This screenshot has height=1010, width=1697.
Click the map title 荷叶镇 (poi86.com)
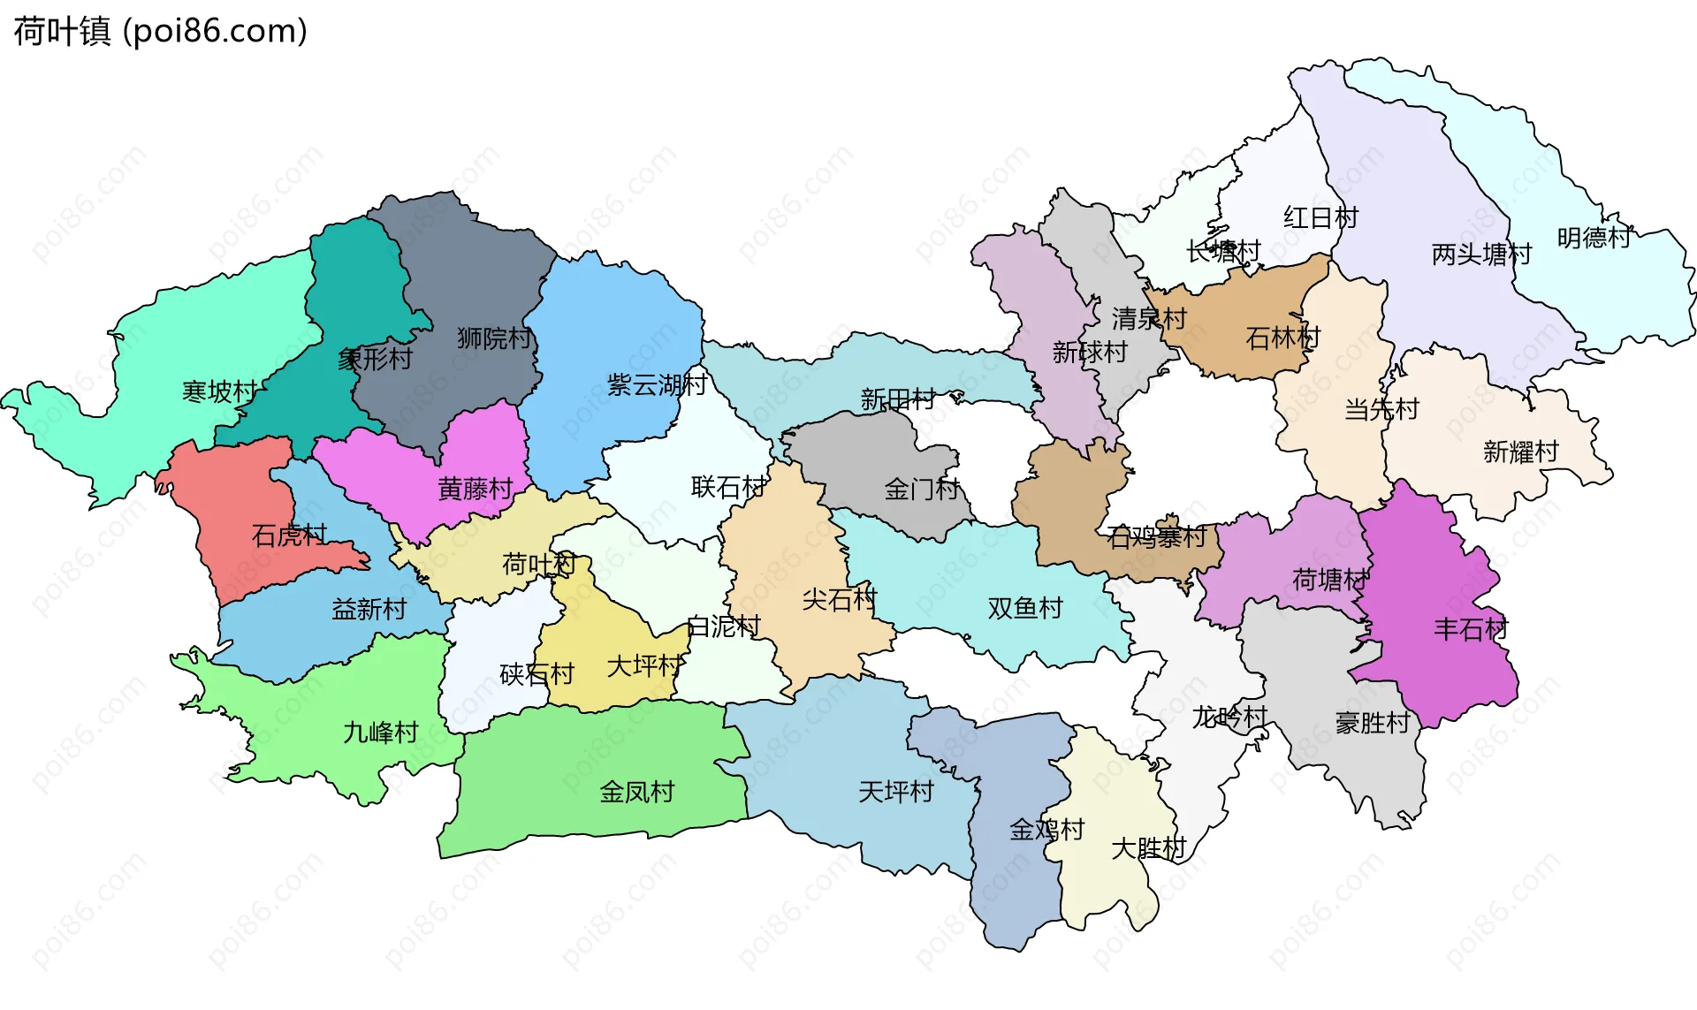click(x=160, y=31)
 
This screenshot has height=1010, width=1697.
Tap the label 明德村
click(x=1594, y=238)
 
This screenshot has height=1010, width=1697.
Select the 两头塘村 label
click(x=1481, y=254)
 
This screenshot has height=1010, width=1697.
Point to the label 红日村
click(x=1320, y=217)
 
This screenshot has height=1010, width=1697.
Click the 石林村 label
click(x=1282, y=338)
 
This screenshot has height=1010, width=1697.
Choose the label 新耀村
click(x=1520, y=452)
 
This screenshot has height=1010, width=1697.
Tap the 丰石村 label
click(x=1471, y=629)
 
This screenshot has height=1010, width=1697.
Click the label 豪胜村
click(x=1373, y=723)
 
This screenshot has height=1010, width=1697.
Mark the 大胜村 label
click(x=1148, y=848)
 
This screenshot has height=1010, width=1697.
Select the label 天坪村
click(x=896, y=792)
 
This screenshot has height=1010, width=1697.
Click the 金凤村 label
click(x=636, y=792)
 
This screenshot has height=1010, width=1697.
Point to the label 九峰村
click(x=380, y=733)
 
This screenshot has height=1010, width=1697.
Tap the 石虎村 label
click(x=289, y=535)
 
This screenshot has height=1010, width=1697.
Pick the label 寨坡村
click(x=219, y=391)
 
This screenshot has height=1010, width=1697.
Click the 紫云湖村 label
click(x=657, y=384)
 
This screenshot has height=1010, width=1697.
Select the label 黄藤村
click(x=476, y=489)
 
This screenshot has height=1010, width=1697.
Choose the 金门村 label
click(x=922, y=489)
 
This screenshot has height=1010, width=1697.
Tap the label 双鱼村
click(x=1025, y=608)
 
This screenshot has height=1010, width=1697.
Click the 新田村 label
click(x=898, y=399)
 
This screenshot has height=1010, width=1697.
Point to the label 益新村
click(x=369, y=609)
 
